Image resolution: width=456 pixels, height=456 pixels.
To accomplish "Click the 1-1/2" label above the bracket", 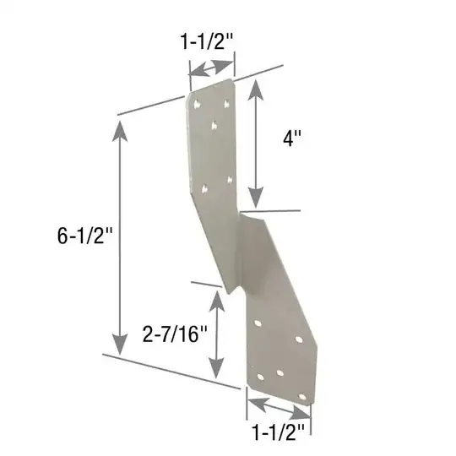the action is pyautogui.click(x=207, y=41).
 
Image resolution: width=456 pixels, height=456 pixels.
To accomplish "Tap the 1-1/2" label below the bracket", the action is pyautogui.click(x=279, y=432).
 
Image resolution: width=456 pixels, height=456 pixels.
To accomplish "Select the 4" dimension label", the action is pyautogui.click(x=292, y=138).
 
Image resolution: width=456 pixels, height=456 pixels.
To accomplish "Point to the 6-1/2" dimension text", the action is pyautogui.click(x=84, y=236).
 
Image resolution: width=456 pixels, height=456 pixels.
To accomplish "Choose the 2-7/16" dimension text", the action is pyautogui.click(x=175, y=334).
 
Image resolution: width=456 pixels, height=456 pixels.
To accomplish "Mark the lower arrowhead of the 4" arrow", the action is pyautogui.click(x=256, y=198).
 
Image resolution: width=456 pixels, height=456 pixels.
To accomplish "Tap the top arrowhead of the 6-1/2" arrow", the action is pyautogui.click(x=120, y=131).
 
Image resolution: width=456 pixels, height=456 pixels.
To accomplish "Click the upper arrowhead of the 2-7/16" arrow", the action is pyautogui.click(x=217, y=301).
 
